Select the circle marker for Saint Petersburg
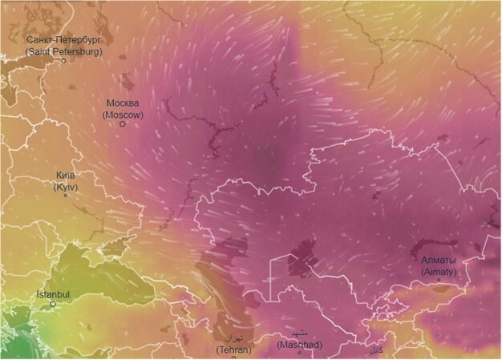point(63,60)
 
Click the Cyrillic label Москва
point(123,103)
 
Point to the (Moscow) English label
point(123,115)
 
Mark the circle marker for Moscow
point(123,124)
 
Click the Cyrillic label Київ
point(66,176)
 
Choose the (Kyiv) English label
point(66,187)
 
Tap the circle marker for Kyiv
point(65,196)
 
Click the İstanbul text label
point(53,294)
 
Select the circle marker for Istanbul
point(53,304)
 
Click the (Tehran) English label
point(234,350)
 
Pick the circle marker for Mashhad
point(300,353)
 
